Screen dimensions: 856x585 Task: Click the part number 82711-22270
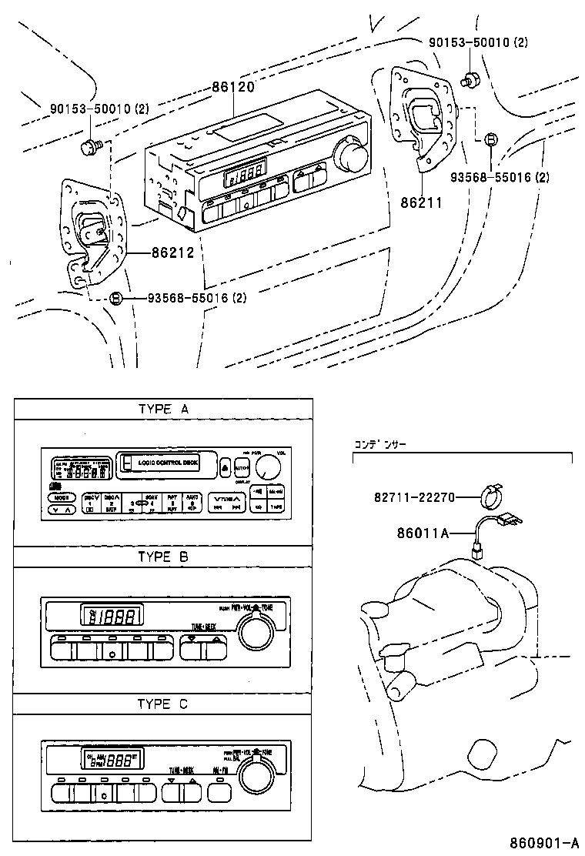click(413, 498)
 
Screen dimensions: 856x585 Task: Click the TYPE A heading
click(162, 410)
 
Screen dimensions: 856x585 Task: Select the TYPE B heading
click(162, 557)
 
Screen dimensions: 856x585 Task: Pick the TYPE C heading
click(162, 704)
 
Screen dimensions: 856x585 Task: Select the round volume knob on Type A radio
click(268, 467)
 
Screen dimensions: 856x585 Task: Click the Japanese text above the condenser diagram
click(379, 445)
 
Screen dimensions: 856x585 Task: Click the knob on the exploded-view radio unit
click(352, 155)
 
